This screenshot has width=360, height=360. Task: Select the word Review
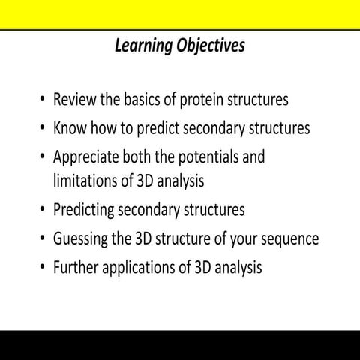coord(75,100)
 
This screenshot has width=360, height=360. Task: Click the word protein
coord(199,100)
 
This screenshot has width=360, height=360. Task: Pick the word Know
coord(70,128)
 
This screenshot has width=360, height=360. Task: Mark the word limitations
coord(87,180)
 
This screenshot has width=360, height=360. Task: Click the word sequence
coord(292,239)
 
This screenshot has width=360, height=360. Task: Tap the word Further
coord(78,268)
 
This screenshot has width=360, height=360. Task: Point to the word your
coord(246,239)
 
